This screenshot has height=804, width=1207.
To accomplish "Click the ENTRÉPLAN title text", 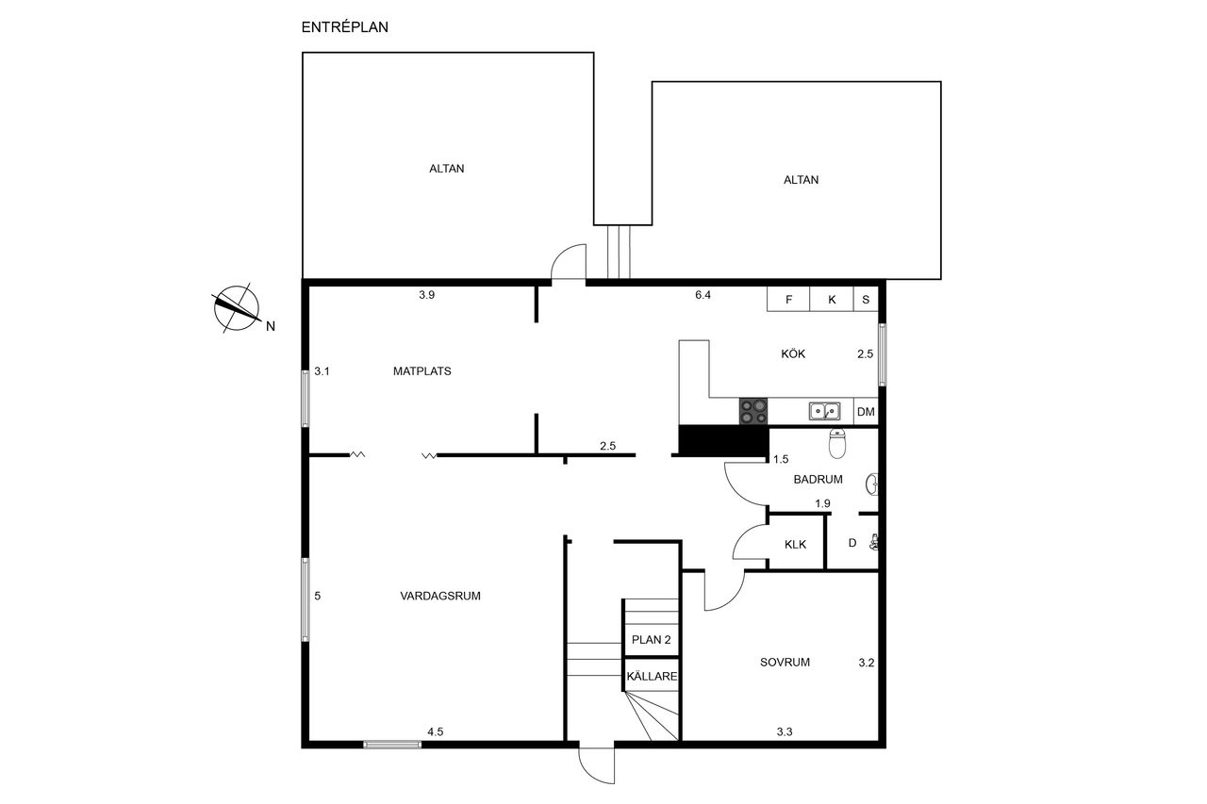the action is [x=344, y=27].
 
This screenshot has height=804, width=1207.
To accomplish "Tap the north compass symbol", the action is [x=236, y=308].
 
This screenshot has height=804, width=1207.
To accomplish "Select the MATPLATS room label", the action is [x=422, y=371].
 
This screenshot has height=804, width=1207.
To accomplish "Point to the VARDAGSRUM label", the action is [x=440, y=596].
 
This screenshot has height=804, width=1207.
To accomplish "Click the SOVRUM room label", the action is [x=785, y=663].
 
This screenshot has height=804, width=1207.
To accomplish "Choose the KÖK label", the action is [x=793, y=353].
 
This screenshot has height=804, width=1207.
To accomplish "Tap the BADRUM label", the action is [x=818, y=479].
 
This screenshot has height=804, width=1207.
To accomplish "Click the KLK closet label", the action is [x=795, y=545].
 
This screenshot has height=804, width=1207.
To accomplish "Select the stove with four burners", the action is [x=753, y=411].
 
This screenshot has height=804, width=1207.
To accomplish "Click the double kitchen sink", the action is [x=824, y=411].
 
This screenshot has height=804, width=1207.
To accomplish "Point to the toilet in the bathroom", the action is [x=836, y=443].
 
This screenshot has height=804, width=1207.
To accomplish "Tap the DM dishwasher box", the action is [x=866, y=411].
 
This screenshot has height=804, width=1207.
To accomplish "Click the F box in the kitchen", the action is [x=788, y=300].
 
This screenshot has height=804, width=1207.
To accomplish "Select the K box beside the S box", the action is [x=832, y=300].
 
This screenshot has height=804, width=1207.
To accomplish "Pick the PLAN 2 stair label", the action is [x=651, y=640].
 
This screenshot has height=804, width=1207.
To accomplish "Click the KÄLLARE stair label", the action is [x=652, y=677].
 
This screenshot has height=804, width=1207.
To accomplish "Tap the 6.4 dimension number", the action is [x=703, y=295].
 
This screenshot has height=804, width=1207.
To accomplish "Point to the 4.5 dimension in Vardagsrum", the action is [x=436, y=731].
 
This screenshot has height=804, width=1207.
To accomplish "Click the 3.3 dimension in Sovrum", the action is [x=785, y=731].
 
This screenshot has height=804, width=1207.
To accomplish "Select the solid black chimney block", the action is [x=723, y=441].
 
